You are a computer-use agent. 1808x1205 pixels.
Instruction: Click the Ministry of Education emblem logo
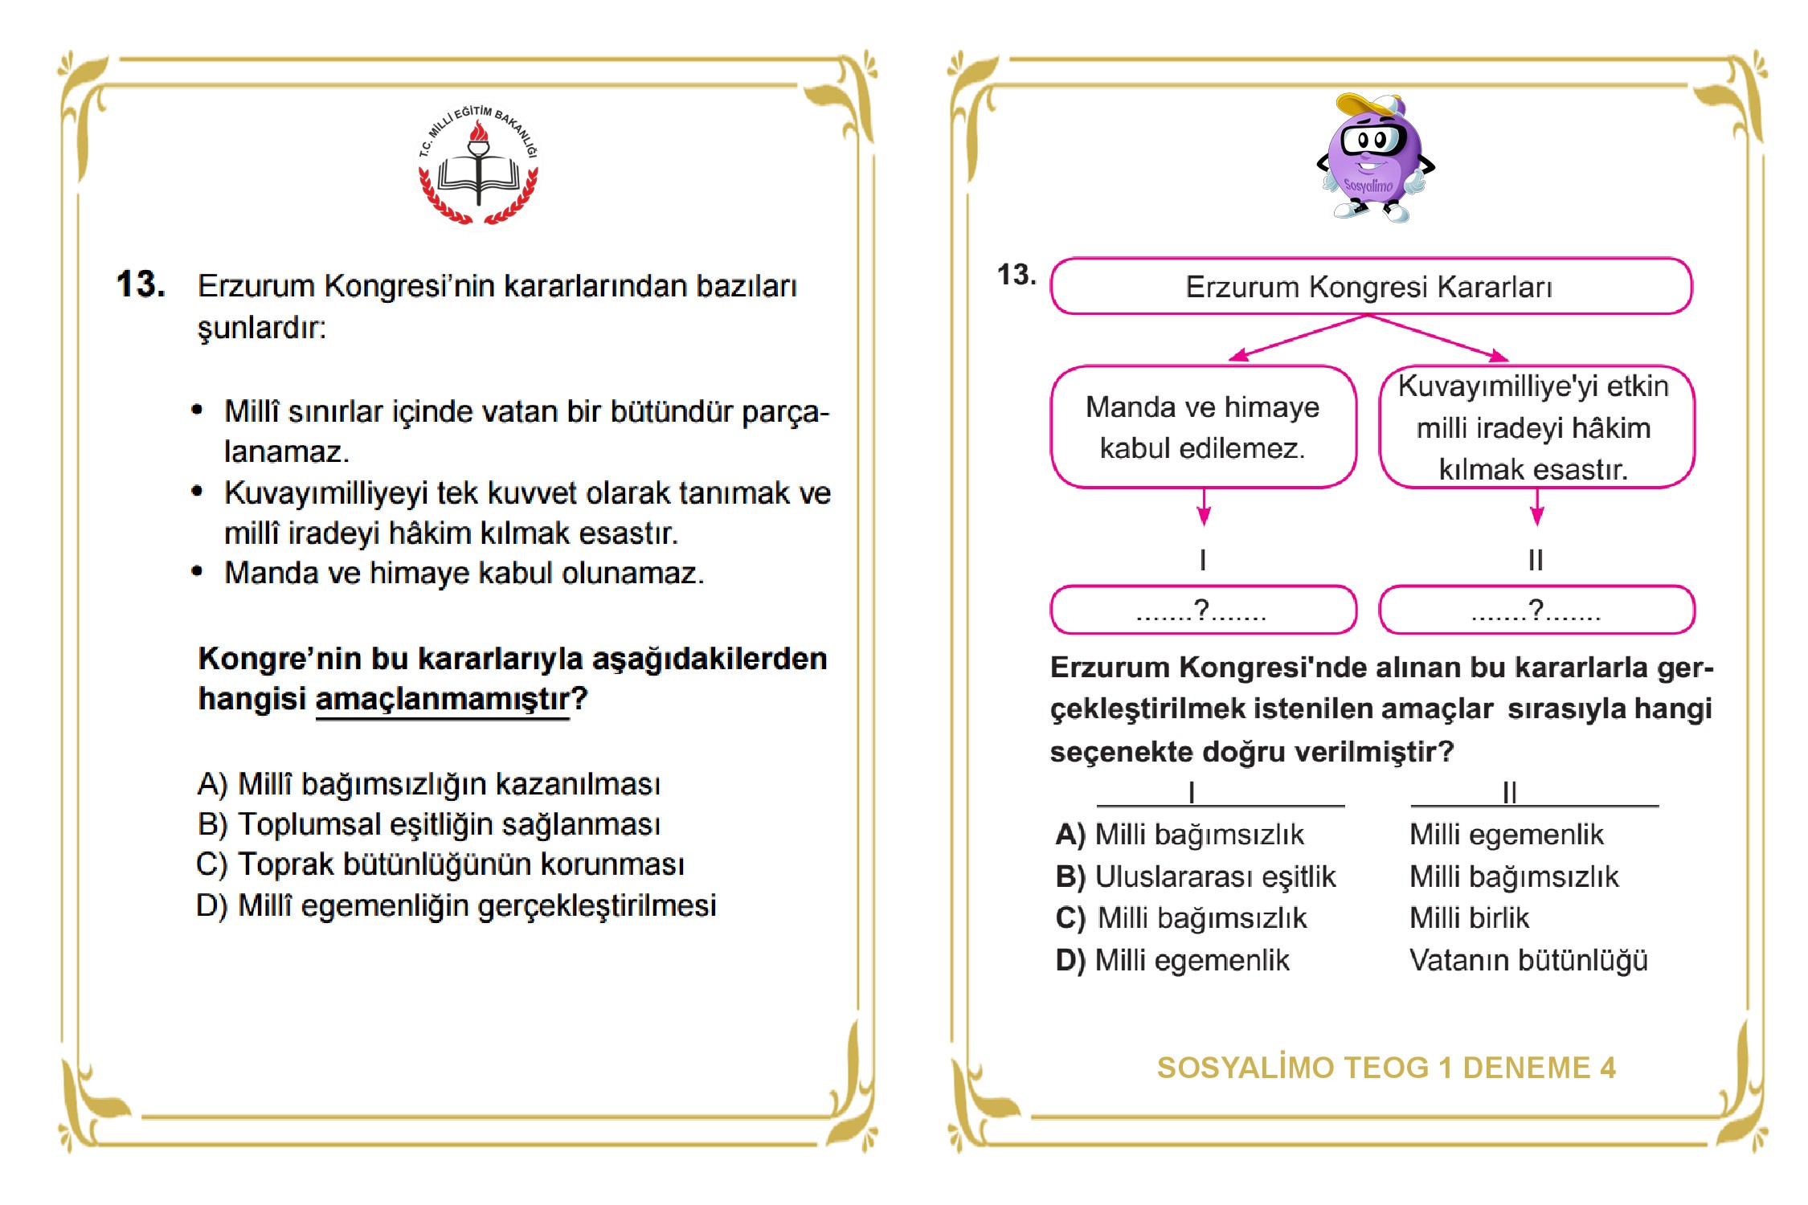(479, 165)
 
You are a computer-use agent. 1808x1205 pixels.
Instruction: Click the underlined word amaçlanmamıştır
(442, 699)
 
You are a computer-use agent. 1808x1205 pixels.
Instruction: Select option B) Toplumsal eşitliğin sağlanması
(428, 824)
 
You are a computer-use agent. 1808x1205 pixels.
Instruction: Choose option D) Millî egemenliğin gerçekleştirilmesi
(456, 905)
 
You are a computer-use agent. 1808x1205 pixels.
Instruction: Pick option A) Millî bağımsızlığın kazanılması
(428, 784)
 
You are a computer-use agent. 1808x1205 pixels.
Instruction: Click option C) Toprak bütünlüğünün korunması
(440, 864)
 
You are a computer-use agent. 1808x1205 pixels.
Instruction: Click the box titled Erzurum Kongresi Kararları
(1370, 287)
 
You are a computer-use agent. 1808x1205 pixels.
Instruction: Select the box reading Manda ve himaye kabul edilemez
(1203, 427)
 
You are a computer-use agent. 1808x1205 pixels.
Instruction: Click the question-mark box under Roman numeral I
(1203, 611)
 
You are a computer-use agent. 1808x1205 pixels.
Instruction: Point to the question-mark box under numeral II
(1536, 611)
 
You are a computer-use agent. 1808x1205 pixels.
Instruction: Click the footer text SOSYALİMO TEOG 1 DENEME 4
(1386, 1068)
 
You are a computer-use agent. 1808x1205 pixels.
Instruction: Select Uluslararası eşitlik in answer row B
(1215, 876)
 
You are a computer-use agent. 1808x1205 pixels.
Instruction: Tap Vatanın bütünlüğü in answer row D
(1528, 960)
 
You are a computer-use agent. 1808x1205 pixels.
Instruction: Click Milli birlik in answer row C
(1469, 918)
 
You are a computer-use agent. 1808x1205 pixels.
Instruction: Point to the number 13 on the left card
(141, 284)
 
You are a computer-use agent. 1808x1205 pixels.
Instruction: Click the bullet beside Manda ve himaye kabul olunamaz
(197, 572)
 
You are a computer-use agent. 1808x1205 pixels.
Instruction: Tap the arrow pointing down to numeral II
(1536, 509)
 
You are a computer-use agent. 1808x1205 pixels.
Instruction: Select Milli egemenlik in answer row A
(1506, 835)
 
